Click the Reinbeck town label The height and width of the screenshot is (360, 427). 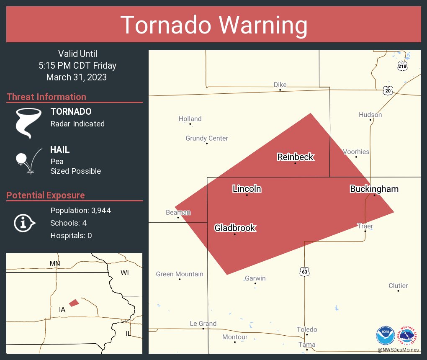[x=295, y=157]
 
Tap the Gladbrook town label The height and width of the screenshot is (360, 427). [x=235, y=228]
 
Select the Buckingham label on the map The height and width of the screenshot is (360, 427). [x=374, y=189]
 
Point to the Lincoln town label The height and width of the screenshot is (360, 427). [x=247, y=189]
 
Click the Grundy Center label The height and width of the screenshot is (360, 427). [x=207, y=138]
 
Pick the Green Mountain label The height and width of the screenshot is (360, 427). [x=180, y=274]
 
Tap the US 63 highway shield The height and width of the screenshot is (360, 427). [x=304, y=272]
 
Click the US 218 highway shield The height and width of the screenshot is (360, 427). [x=402, y=66]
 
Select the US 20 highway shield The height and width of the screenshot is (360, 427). [x=387, y=90]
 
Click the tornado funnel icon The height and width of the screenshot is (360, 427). [x=28, y=123]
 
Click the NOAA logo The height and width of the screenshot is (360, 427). [x=385, y=335]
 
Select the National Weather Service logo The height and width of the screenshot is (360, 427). [x=408, y=335]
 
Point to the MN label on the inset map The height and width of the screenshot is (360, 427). [x=55, y=263]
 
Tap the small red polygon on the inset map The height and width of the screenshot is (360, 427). [x=74, y=303]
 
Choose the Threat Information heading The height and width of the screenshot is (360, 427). [x=46, y=97]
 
